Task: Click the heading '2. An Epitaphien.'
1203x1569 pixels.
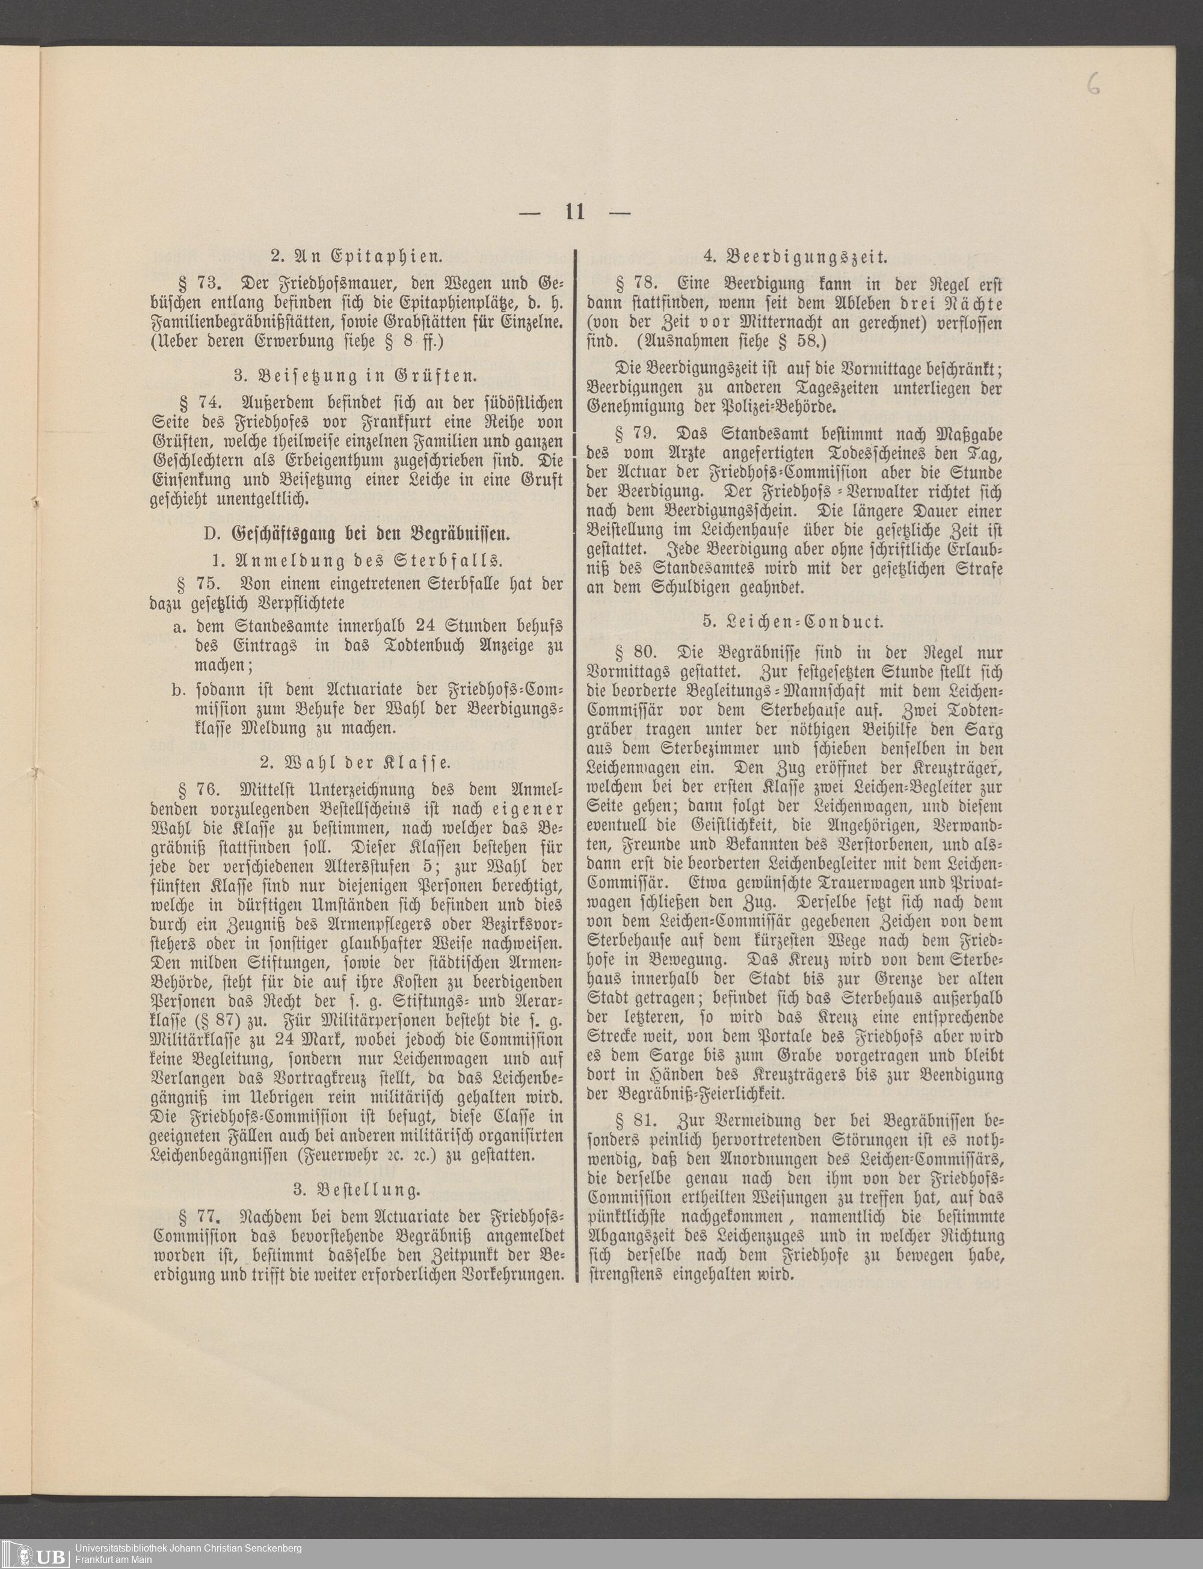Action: point(356,256)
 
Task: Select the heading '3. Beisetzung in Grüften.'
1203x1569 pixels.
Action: point(356,376)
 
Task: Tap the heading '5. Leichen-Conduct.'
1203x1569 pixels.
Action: point(793,621)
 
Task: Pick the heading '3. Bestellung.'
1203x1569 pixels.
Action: point(356,1190)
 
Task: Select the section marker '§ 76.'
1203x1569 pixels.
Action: point(197,790)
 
